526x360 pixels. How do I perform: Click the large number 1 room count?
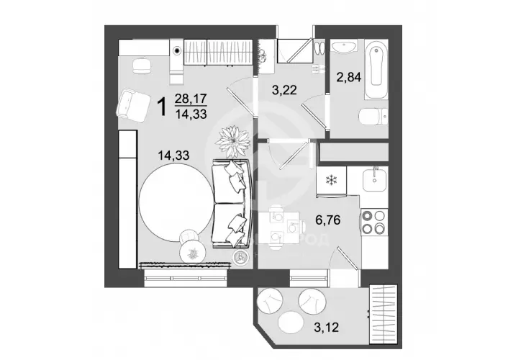tap(162, 107)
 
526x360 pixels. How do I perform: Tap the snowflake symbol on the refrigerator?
tap(332, 179)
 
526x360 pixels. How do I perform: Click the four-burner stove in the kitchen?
tap(375, 222)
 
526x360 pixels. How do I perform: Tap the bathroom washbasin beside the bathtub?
tap(344, 49)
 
